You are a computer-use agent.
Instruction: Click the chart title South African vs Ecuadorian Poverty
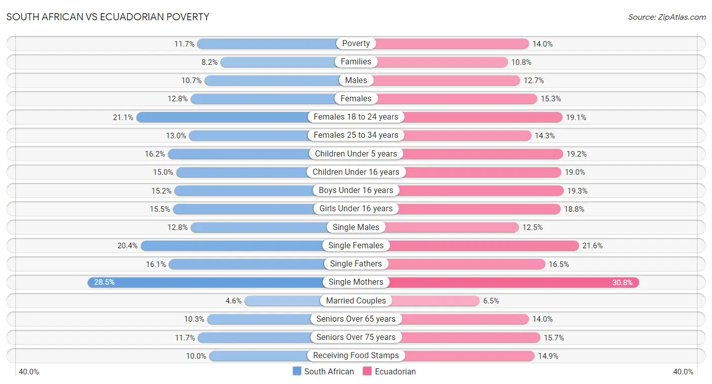107,17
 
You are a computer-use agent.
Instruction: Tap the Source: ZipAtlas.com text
666,17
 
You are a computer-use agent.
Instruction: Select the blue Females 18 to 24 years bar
223,117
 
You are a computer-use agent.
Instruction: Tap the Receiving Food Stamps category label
356,356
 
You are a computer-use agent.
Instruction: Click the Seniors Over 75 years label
356,337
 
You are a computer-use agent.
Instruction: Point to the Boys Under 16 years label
356,190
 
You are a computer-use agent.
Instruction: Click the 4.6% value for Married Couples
233,301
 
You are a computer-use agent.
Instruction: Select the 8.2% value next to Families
209,62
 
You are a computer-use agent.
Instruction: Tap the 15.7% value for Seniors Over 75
553,337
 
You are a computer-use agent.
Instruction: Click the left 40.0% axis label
29,372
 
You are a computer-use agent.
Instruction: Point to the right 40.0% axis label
683,372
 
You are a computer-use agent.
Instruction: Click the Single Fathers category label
356,264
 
